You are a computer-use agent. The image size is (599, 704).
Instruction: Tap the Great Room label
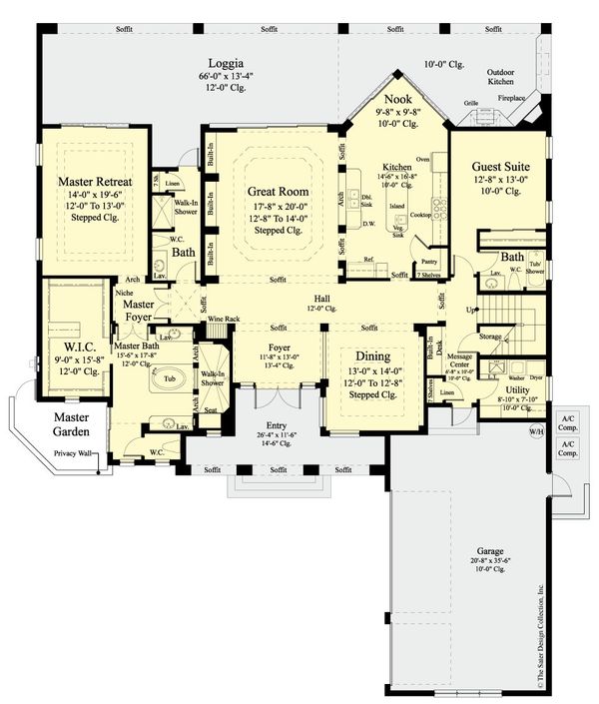pyautogui.click(x=277, y=191)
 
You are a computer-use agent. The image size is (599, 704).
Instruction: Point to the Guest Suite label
pyautogui.click(x=496, y=166)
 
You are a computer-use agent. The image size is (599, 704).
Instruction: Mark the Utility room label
pyautogui.click(x=517, y=389)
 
